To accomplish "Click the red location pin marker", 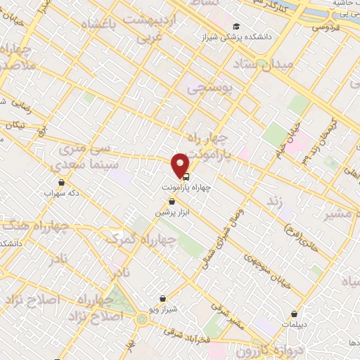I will [181, 165].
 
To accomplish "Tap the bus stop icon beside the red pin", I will [186, 176].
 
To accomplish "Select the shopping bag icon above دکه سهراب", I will [61, 182].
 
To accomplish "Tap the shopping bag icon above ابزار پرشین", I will [172, 202].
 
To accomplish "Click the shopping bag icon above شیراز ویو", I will [163, 298].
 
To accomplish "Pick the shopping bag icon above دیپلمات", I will [294, 314].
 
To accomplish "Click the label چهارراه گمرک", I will [140, 238].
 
